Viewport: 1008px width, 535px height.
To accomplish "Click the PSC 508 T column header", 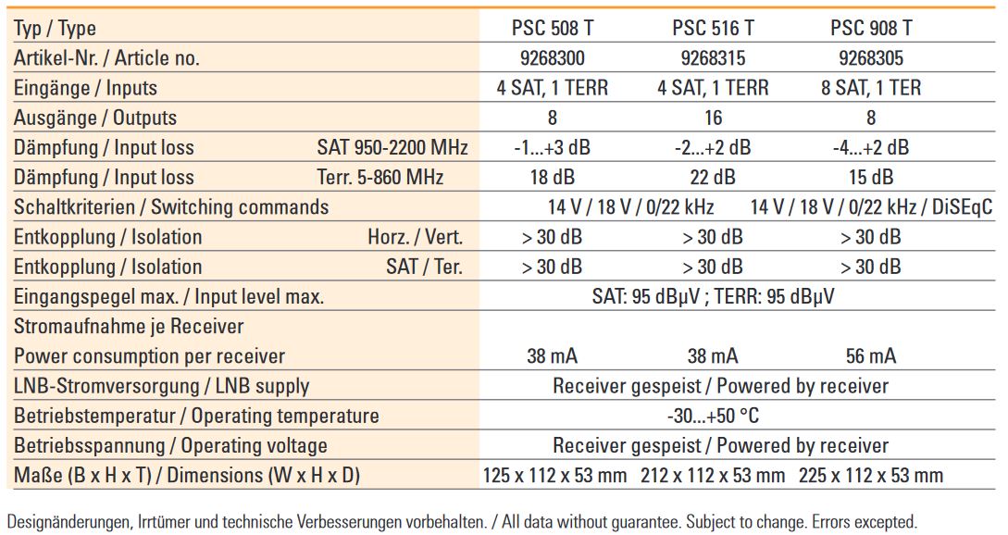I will (x=553, y=29).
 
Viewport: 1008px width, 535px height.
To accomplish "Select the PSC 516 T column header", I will (x=713, y=29).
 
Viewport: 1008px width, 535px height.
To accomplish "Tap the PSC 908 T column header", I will (x=871, y=29).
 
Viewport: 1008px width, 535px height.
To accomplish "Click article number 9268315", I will (x=713, y=58).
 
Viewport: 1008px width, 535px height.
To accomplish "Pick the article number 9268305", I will (x=871, y=58).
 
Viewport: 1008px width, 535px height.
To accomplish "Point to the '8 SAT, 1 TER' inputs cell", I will (x=871, y=88).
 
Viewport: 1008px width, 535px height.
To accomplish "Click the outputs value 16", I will (x=713, y=118).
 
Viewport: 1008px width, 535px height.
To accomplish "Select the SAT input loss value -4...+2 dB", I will (x=871, y=147).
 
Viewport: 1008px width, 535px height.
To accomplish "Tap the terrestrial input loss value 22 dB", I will (x=713, y=177).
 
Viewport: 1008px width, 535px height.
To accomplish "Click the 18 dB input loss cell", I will (x=553, y=177).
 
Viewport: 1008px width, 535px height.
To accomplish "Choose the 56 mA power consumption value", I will (x=871, y=356).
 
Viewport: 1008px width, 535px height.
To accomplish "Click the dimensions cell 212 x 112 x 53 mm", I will (x=713, y=476).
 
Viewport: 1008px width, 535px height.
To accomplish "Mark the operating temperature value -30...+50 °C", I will (x=713, y=416).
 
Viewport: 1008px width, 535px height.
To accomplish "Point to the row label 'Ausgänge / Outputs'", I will (x=94, y=118).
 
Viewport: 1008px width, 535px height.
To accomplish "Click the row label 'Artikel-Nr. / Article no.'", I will (x=106, y=58).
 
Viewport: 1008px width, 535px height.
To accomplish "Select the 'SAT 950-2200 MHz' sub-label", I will (x=392, y=147).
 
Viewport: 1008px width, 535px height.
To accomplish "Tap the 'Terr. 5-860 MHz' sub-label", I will (x=380, y=177).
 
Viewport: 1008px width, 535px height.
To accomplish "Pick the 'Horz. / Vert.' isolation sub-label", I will (x=415, y=237).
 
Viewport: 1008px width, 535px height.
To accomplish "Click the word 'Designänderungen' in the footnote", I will (x=67, y=521).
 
